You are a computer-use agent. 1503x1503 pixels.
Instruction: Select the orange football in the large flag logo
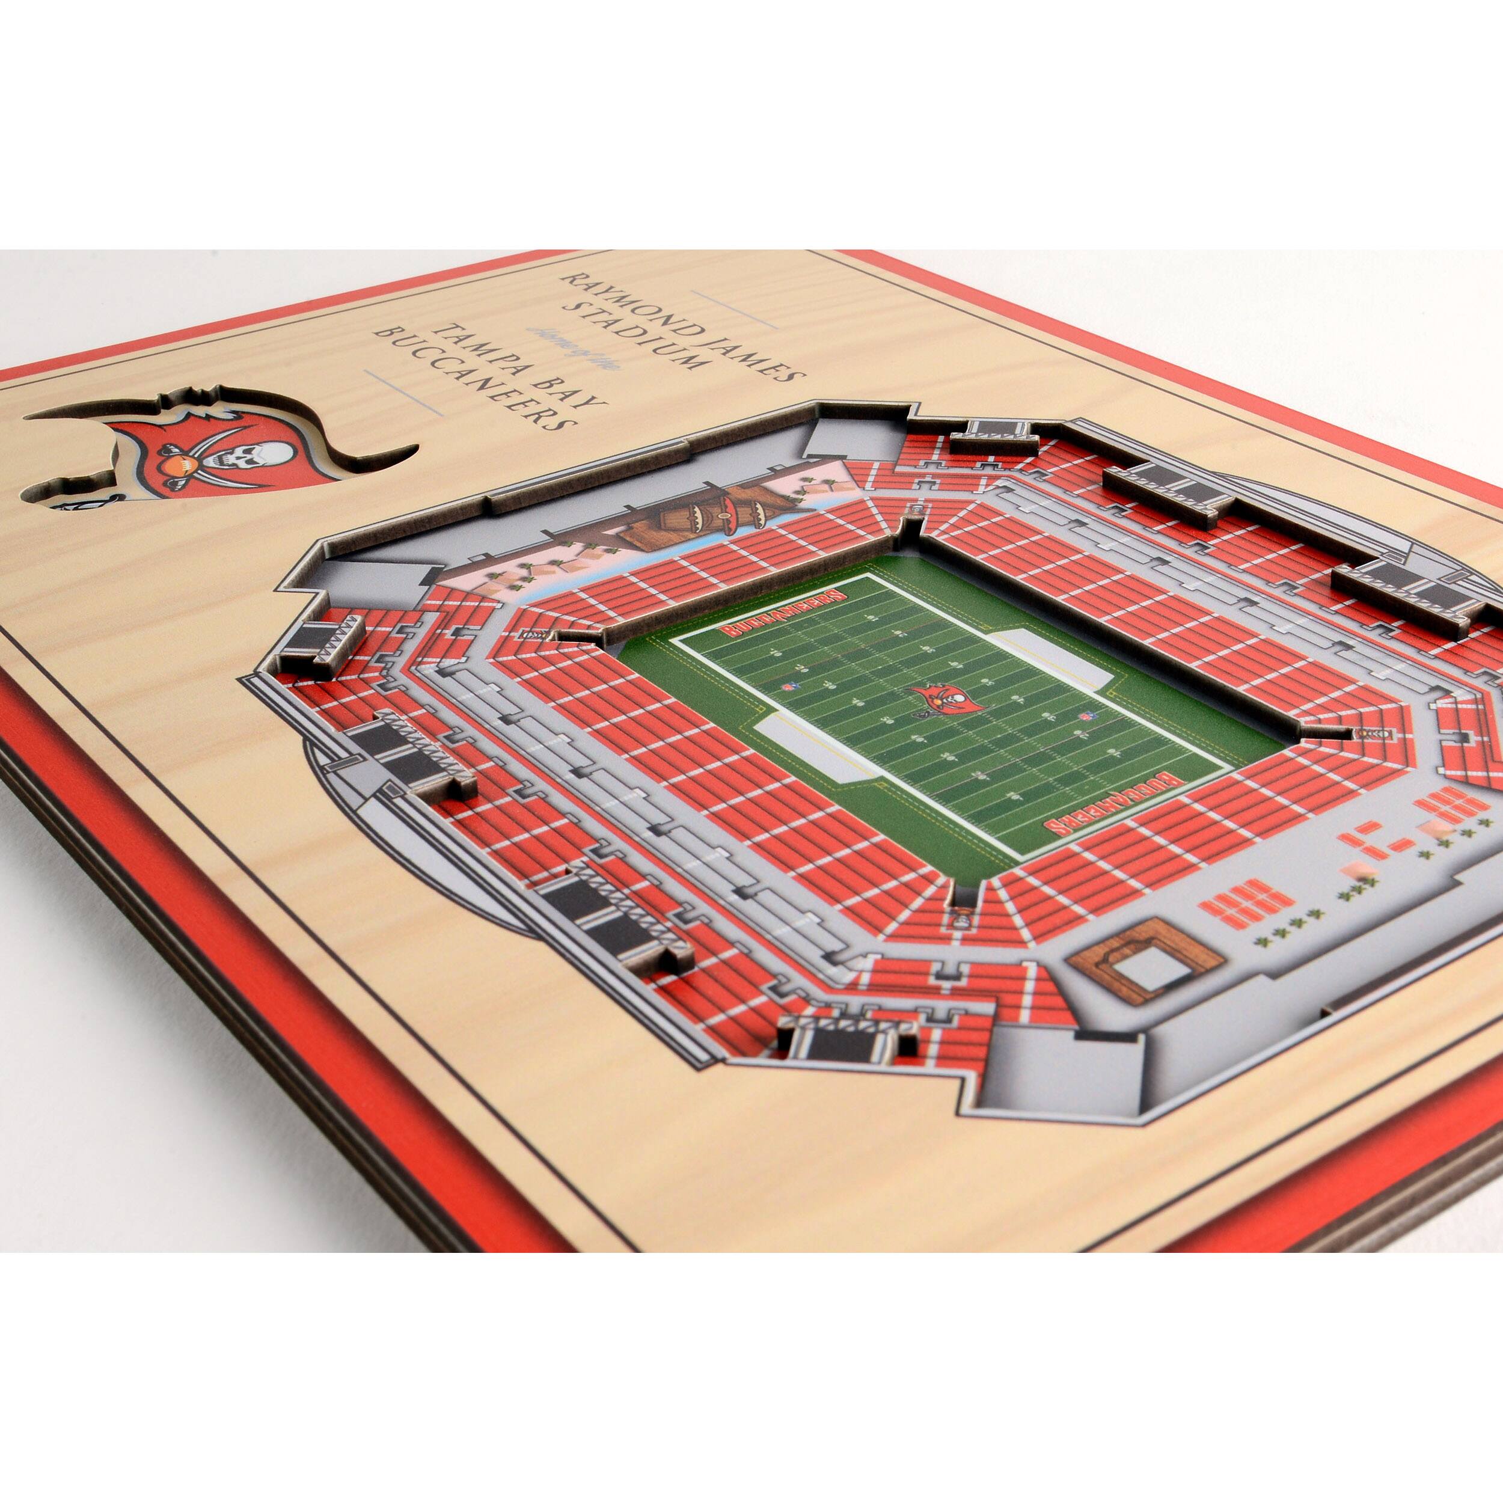[176, 465]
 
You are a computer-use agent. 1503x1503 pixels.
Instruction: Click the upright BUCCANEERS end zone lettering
[784, 614]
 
